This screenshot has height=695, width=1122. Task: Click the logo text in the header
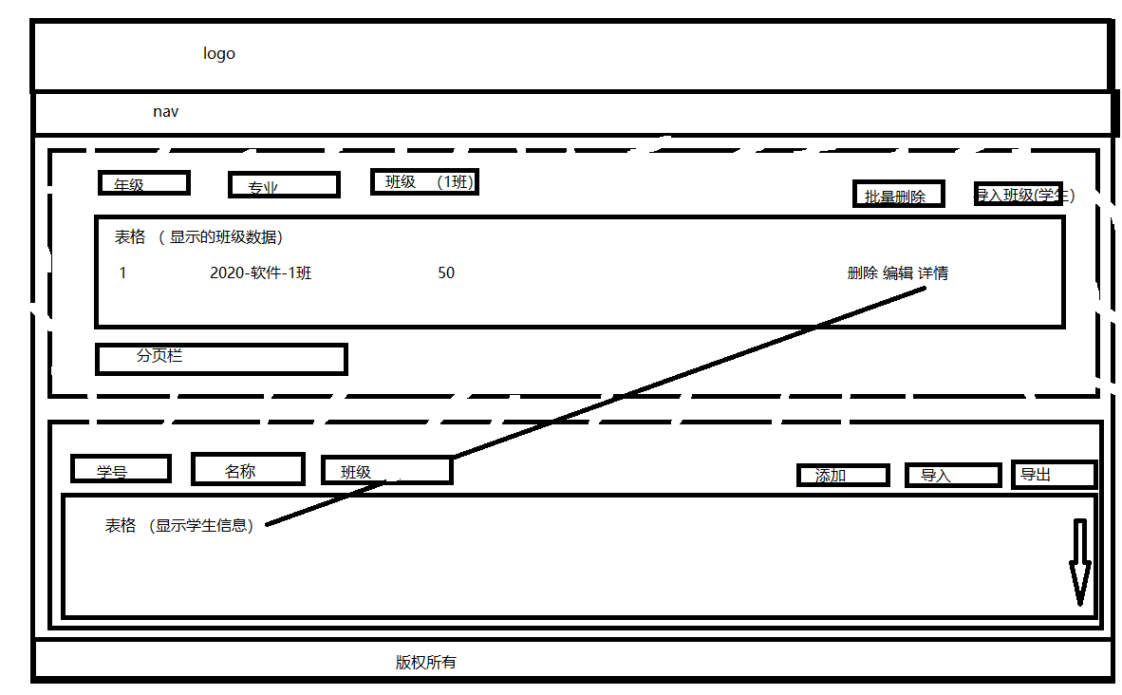click(219, 54)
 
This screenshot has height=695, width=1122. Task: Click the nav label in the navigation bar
click(166, 112)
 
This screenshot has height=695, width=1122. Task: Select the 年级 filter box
click(144, 183)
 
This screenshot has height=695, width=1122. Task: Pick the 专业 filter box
click(284, 185)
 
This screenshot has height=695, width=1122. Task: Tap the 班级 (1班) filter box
click(424, 182)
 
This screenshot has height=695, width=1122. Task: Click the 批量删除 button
click(897, 195)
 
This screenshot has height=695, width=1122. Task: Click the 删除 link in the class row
click(862, 273)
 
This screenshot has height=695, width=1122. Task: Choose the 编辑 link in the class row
click(898, 273)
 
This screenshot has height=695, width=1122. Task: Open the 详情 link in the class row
click(933, 273)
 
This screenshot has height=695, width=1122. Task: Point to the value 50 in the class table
click(446, 273)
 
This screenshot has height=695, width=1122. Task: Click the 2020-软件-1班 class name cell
click(261, 273)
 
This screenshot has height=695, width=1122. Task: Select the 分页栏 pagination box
click(221, 359)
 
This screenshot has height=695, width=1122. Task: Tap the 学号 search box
click(121, 469)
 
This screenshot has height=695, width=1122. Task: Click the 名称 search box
click(248, 469)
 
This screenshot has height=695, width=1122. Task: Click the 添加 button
click(843, 475)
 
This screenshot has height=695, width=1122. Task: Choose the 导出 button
click(1054, 474)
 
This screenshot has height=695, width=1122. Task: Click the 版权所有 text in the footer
click(426, 663)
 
